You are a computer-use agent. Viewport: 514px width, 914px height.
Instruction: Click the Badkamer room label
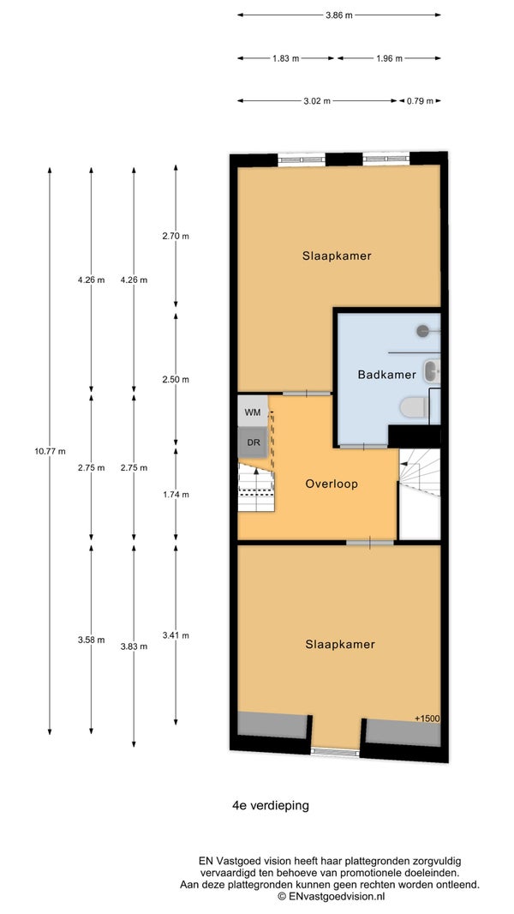[x=386, y=375]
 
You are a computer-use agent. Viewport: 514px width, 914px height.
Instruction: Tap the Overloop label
[x=331, y=484]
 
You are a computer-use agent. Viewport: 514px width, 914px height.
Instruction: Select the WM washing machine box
[x=253, y=412]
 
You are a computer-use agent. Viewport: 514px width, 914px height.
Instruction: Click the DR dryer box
[x=253, y=442]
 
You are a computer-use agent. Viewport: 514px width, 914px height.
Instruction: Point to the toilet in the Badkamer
[x=414, y=407]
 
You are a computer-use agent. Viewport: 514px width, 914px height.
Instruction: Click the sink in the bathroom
[x=432, y=371]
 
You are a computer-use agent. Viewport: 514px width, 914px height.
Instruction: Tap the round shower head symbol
[x=422, y=330]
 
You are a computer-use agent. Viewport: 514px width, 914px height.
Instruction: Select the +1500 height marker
[x=427, y=719]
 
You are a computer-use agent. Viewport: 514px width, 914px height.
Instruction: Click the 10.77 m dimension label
[x=50, y=451]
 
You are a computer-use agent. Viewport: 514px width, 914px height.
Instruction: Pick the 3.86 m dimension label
[x=338, y=15]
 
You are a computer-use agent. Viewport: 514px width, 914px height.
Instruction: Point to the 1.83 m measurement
[x=286, y=58]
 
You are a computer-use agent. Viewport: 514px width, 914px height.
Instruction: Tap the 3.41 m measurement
[x=176, y=635]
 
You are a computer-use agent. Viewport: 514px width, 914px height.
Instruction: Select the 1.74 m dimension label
[x=176, y=495]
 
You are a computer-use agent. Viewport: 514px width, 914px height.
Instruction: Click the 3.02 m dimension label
[x=317, y=101]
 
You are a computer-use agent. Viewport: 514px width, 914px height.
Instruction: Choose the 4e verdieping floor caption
[x=271, y=806]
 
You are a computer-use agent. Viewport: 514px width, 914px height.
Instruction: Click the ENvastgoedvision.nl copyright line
[x=331, y=896]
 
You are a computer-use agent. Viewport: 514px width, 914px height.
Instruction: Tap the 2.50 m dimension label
[x=176, y=380]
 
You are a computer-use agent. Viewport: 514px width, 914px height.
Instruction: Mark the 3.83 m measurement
[x=134, y=646]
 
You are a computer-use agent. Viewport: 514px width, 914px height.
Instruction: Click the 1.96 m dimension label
[x=390, y=58]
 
